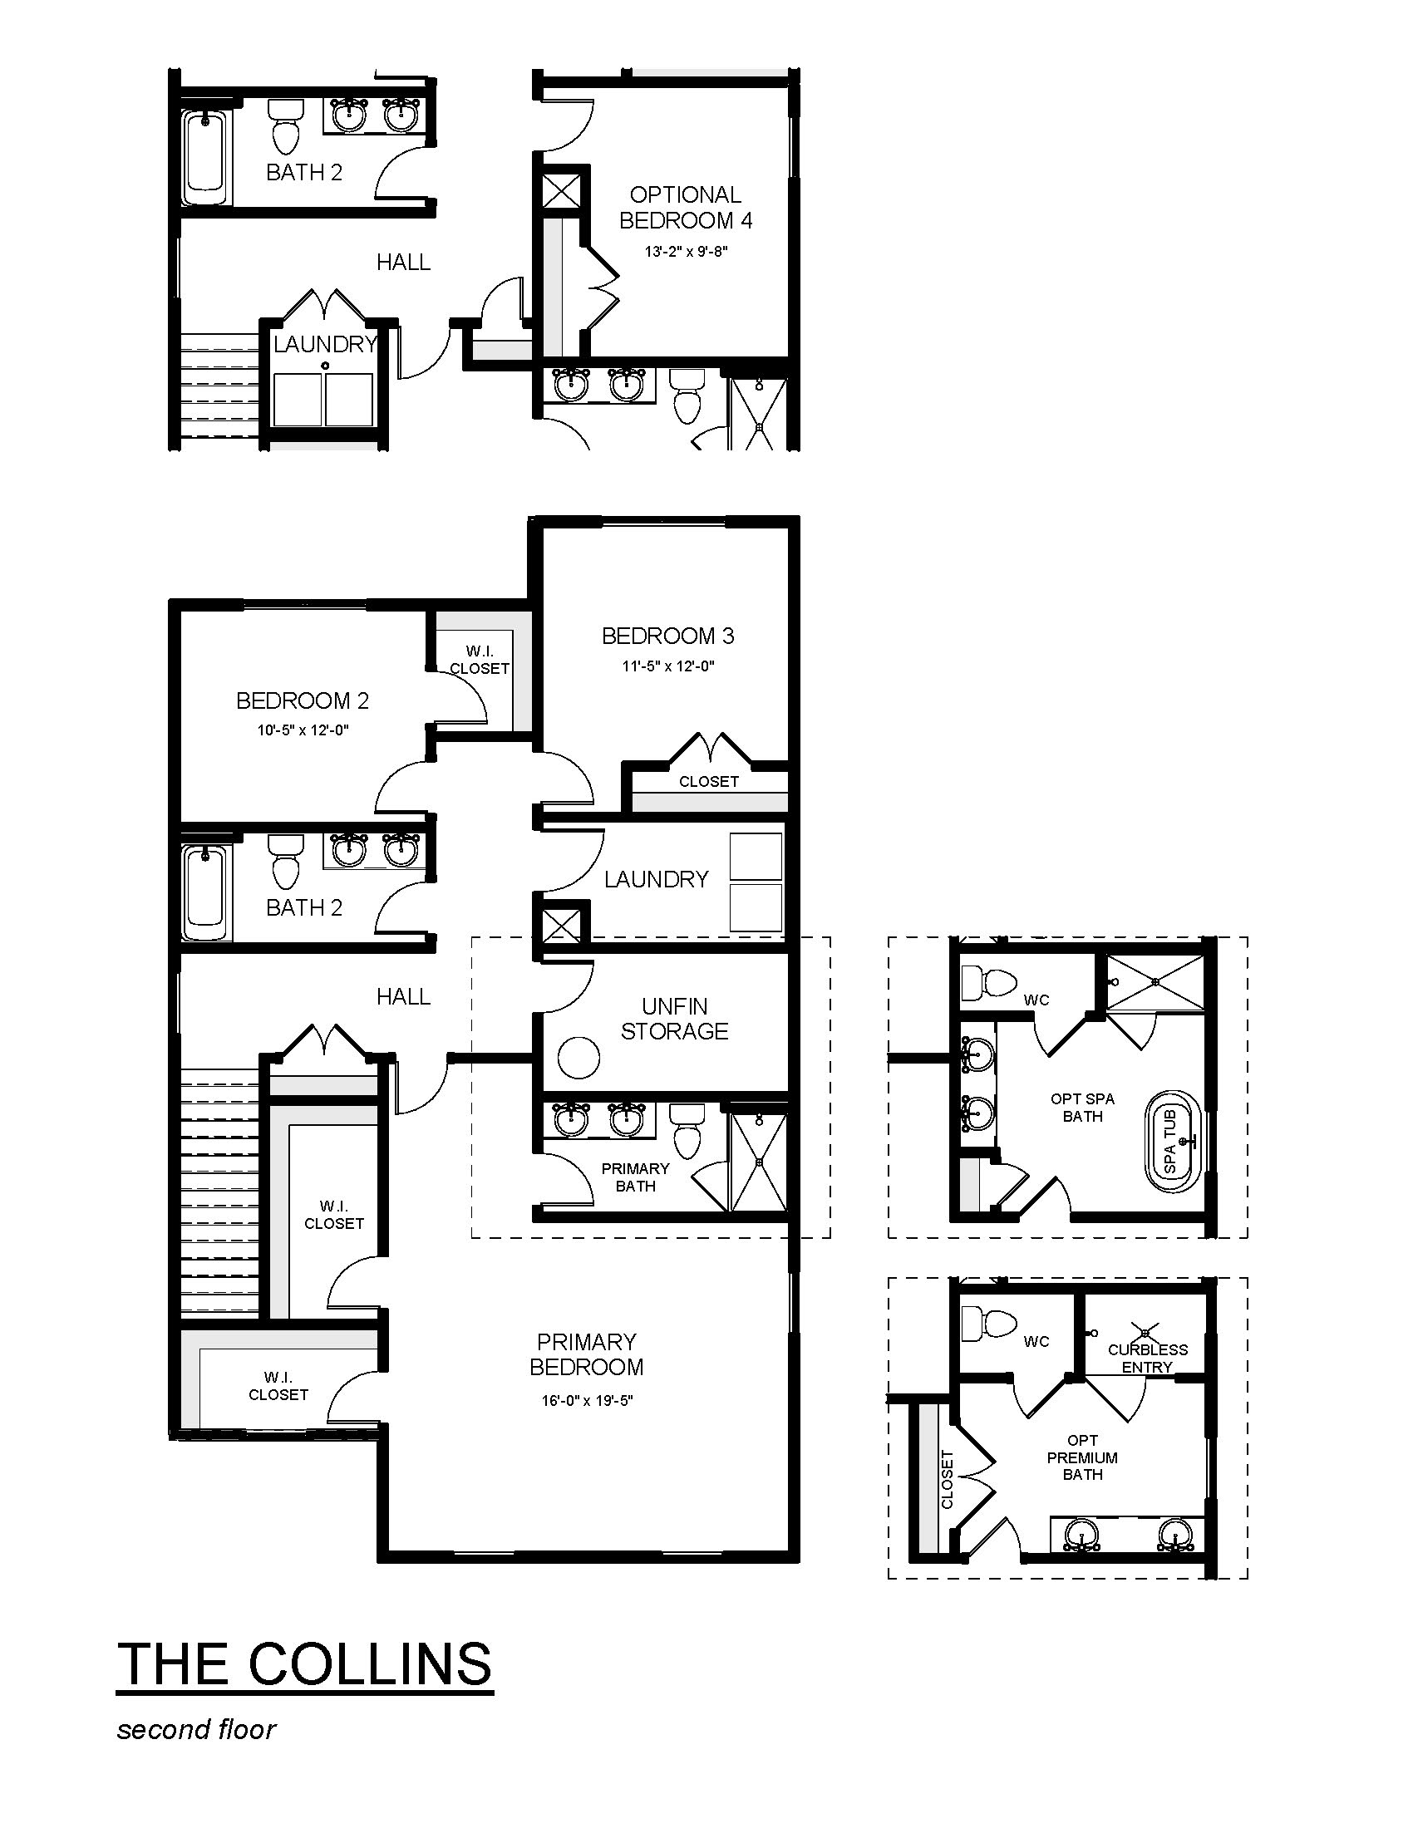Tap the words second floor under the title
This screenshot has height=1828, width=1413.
[x=197, y=1729]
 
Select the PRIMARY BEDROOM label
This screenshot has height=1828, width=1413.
[x=586, y=1354]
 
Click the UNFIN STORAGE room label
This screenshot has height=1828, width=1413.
[x=675, y=1019]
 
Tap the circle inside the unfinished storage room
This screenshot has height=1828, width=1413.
[x=578, y=1059]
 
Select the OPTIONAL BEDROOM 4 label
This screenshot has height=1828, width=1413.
[x=686, y=208]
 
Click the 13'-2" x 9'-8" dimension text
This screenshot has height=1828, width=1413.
[x=687, y=251]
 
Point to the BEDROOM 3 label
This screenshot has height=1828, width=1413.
[x=668, y=636]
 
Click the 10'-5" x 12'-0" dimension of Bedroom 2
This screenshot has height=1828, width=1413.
[x=303, y=730]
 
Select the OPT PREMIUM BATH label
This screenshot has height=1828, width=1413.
[x=1082, y=1457]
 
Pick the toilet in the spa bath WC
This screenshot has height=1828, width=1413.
[x=989, y=982]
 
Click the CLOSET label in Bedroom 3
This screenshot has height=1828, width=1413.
[x=709, y=782]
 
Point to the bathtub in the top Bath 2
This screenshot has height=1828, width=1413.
[x=206, y=155]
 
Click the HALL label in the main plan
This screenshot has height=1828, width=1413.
[x=403, y=997]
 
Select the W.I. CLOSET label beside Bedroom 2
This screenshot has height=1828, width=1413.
[x=480, y=661]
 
